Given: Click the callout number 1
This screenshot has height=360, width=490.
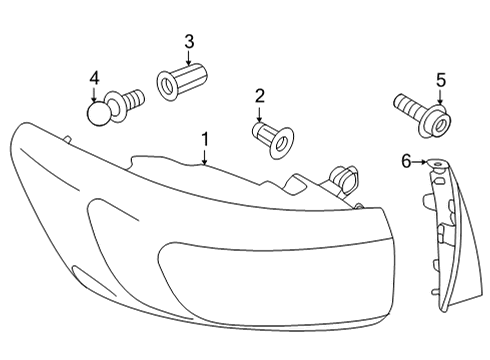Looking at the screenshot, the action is click(205, 139).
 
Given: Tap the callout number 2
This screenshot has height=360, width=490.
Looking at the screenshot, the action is click(259, 96).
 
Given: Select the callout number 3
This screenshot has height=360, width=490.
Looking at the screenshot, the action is click(189, 42).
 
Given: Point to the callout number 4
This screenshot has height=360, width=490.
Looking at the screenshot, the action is click(95, 79).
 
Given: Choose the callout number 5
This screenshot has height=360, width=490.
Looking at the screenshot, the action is click(441, 80).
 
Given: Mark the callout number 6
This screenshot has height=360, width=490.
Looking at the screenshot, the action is click(406, 162).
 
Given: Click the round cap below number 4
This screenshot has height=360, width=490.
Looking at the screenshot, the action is click(98, 113).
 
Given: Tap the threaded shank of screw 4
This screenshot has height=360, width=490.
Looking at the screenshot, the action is click(135, 98).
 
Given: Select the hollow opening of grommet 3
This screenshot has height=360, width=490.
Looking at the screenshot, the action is click(167, 86).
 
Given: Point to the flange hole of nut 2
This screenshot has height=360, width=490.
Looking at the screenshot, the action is click(281, 143).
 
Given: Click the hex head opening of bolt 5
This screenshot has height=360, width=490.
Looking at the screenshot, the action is click(440, 125).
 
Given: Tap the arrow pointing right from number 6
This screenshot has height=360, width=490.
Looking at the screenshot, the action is click(420, 162).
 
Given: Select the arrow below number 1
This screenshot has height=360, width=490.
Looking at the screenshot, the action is click(205, 156).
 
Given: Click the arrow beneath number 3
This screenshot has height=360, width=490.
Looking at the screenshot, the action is click(189, 57).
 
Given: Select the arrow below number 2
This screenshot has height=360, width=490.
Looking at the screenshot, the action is click(259, 113).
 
